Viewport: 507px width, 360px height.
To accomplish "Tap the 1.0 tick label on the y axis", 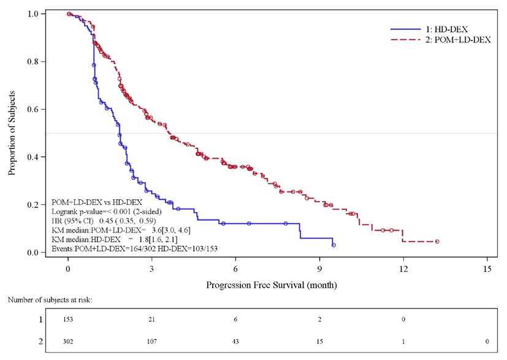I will coord(36,13).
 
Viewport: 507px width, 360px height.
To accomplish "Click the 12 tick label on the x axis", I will coord(403,268).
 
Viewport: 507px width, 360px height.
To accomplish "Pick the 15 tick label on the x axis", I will coord(487,268).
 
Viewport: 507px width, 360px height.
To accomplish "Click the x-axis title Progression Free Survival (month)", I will coord(272,285).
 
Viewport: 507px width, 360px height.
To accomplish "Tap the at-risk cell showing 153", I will coord(68,320).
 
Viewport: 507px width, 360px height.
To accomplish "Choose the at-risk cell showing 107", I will coord(152,341).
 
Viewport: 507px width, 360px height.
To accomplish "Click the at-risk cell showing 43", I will coord(236,341).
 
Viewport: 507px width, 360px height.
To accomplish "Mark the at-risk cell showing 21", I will coord(152,320).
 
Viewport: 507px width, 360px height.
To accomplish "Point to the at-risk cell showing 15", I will coord(319,341).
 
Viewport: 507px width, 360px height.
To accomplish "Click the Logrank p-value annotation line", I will coord(107,211).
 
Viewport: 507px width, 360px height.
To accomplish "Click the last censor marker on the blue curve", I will coord(334,245).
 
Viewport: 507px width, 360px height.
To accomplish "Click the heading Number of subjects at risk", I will coord(50,299).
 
